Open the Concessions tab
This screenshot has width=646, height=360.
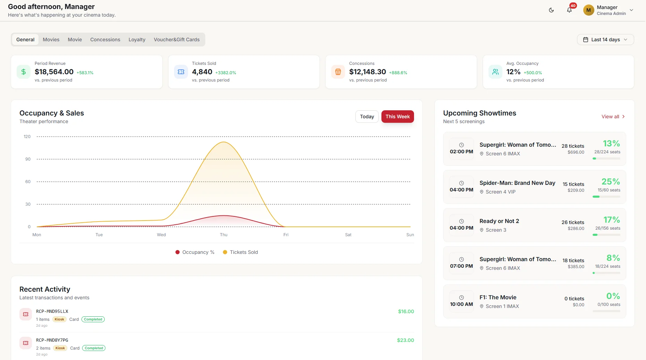click(105, 40)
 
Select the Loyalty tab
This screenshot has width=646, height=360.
click(137, 40)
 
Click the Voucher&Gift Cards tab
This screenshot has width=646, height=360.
click(176, 40)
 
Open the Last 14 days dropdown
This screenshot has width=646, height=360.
click(605, 40)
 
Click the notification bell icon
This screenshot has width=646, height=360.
click(569, 10)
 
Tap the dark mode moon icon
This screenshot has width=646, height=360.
click(551, 10)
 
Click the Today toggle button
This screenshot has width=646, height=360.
click(367, 117)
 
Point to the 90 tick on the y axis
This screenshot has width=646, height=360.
click(28, 159)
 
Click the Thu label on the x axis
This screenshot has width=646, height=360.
click(224, 235)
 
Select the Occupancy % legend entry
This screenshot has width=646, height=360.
click(195, 252)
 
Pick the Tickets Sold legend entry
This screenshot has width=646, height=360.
click(240, 252)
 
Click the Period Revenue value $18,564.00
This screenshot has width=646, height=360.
click(54, 72)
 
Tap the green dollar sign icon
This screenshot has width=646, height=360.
click(24, 72)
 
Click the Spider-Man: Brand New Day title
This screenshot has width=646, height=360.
click(517, 183)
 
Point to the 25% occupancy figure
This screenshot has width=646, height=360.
click(611, 181)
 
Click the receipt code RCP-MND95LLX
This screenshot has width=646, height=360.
click(52, 311)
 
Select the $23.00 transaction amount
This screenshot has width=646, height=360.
click(405, 340)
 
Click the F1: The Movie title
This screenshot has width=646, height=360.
click(498, 297)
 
